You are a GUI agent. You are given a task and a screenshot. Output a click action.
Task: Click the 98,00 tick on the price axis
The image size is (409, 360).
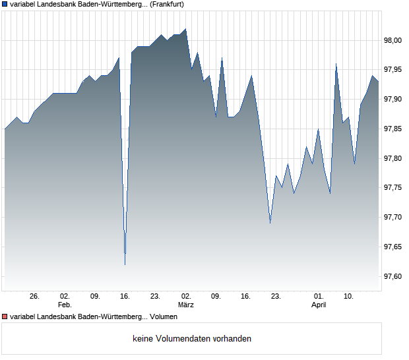point(393,40)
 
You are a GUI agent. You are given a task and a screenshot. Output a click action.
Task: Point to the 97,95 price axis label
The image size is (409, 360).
point(393,70)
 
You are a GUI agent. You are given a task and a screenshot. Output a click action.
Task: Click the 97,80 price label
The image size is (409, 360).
point(393,159)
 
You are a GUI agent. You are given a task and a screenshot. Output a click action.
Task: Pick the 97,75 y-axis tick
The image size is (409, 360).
point(393,188)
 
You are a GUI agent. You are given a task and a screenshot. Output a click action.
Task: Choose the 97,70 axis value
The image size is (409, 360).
point(393,218)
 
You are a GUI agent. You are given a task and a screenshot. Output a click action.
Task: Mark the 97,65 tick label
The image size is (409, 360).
point(393,247)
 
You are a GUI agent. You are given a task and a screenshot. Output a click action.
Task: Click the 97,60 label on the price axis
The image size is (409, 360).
point(393,277)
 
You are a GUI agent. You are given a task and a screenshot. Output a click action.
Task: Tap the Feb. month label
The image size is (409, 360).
point(65,305)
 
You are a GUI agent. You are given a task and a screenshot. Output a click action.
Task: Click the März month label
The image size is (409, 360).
point(186,305)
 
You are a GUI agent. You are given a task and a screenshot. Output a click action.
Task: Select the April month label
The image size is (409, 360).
point(319,305)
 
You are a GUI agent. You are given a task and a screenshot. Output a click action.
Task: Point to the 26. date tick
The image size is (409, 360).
point(35,297)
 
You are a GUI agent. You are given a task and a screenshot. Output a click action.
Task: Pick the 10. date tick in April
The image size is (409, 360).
point(349,297)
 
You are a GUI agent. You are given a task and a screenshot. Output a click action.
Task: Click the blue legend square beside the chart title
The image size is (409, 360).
point(5,5)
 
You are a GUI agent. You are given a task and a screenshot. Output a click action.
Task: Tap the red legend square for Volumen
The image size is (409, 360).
point(5,317)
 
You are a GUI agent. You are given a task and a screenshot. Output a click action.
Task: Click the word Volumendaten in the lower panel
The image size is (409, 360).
point(184,339)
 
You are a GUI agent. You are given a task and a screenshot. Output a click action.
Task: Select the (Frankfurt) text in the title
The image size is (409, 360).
point(166,4)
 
